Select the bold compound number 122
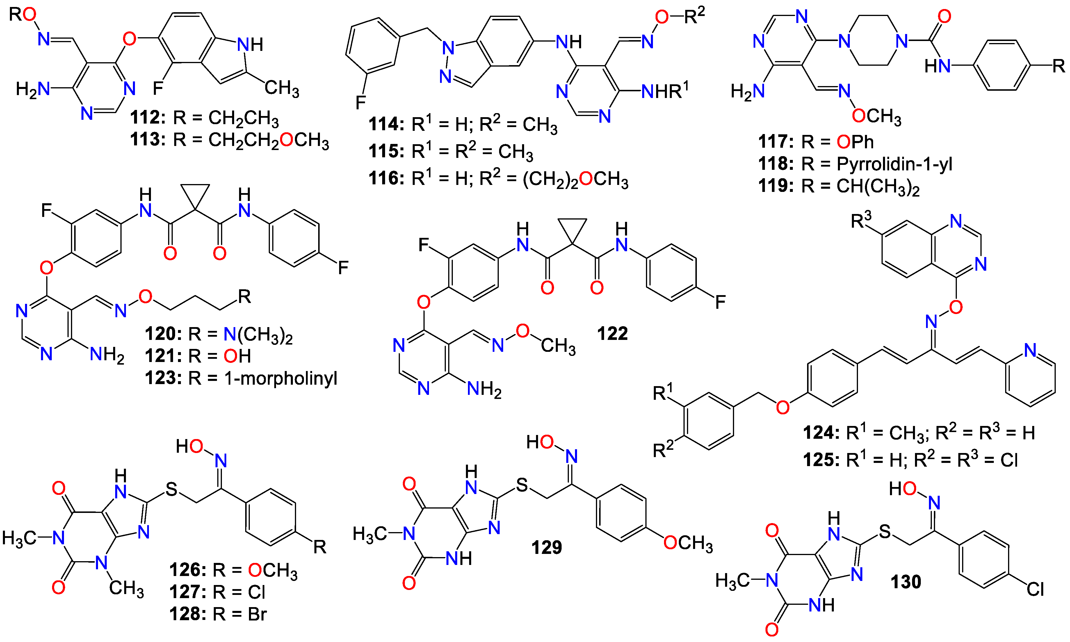click(x=612, y=334)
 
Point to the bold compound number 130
click(x=906, y=582)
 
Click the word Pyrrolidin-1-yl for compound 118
click(x=894, y=164)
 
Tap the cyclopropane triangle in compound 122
click(x=572, y=229)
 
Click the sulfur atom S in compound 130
click(x=885, y=531)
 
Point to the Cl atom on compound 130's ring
click(x=1035, y=589)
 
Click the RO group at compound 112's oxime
click(x=22, y=15)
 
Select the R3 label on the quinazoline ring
click(x=861, y=221)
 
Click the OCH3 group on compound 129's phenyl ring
click(x=688, y=543)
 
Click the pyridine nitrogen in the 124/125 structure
click(x=1030, y=350)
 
